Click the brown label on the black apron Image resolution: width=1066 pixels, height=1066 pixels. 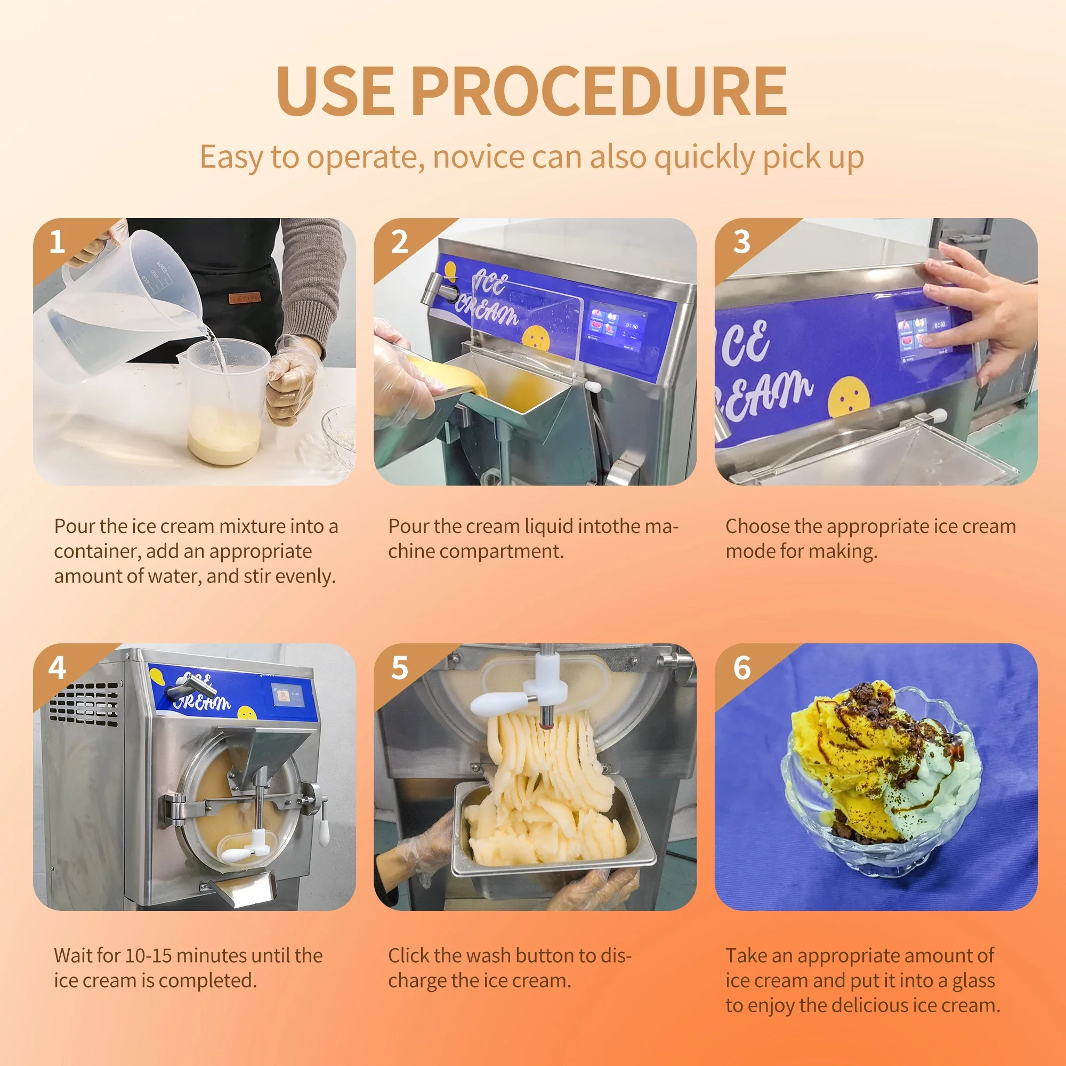245,298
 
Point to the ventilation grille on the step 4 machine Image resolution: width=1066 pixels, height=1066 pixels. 84,705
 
